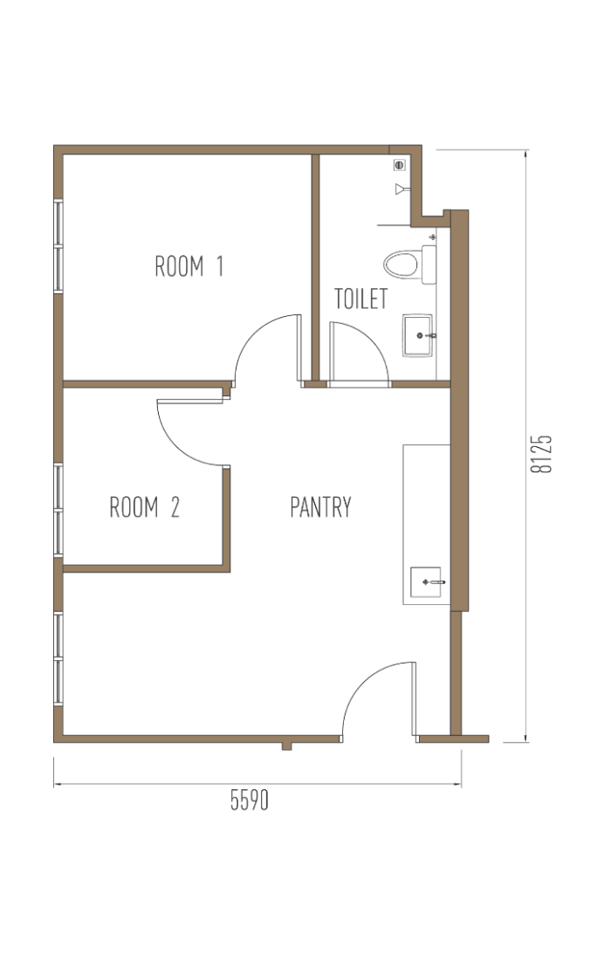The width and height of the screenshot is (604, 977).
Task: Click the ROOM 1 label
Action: click(189, 266)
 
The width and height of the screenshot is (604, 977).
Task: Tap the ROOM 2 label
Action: click(145, 507)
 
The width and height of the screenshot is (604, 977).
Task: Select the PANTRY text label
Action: click(320, 507)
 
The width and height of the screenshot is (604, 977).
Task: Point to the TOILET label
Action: click(361, 299)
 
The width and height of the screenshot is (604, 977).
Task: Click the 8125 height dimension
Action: click(541, 454)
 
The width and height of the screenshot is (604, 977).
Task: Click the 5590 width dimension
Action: click(249, 800)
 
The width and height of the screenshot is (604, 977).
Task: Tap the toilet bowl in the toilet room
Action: click(401, 265)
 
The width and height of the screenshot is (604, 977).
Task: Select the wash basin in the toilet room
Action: click(417, 336)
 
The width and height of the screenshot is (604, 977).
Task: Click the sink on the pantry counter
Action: click(426, 582)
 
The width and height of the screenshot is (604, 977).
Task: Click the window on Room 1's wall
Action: click(58, 246)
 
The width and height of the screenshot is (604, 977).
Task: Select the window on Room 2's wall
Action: click(58, 510)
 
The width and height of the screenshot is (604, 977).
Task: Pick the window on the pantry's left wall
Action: click(58, 658)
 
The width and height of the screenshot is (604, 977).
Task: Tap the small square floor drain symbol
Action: click(400, 165)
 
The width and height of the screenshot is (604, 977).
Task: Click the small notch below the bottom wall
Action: click(286, 746)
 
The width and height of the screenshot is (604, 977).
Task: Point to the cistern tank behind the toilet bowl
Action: click(429, 265)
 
